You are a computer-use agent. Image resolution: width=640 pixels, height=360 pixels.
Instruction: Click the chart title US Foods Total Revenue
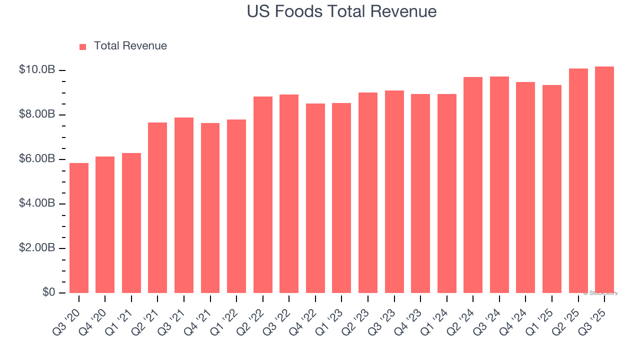point(341,11)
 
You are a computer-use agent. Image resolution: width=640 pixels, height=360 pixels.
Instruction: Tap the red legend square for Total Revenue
point(83,46)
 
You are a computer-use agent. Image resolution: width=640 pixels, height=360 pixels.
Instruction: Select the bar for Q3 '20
point(79,228)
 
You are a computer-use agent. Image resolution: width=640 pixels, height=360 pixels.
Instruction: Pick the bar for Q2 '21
point(157,207)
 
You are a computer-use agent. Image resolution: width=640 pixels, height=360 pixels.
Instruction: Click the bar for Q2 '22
point(263,195)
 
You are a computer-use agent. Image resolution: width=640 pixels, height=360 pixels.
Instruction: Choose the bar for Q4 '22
point(315,198)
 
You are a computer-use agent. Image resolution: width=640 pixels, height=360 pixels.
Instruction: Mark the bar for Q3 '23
point(394,191)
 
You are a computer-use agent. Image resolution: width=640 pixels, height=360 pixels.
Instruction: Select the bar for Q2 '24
point(473,185)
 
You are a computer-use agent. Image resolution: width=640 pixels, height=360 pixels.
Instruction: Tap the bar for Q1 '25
point(552,189)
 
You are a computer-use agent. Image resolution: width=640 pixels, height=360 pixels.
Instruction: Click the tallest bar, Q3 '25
point(604,180)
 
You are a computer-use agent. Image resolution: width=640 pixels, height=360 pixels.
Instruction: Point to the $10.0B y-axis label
point(37,70)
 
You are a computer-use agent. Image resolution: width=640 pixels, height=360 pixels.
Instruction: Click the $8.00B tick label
point(37,114)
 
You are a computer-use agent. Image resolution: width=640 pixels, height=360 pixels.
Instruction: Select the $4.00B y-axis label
point(37,203)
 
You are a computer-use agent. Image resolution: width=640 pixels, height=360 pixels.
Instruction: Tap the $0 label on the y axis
point(48,292)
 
